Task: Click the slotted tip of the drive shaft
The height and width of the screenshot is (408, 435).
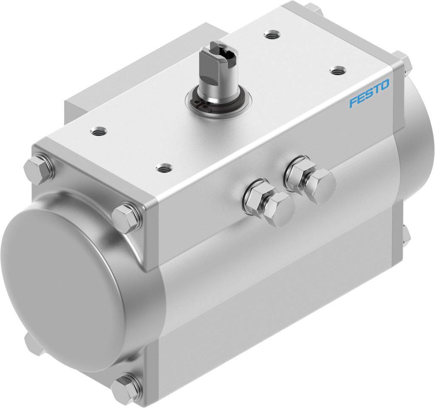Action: click(x=224, y=51)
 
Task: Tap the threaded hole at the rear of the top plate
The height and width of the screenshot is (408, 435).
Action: click(x=269, y=34)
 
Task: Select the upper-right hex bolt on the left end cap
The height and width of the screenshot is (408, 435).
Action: click(x=126, y=218)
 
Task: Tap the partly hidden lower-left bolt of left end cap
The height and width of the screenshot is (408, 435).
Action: click(x=32, y=343)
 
